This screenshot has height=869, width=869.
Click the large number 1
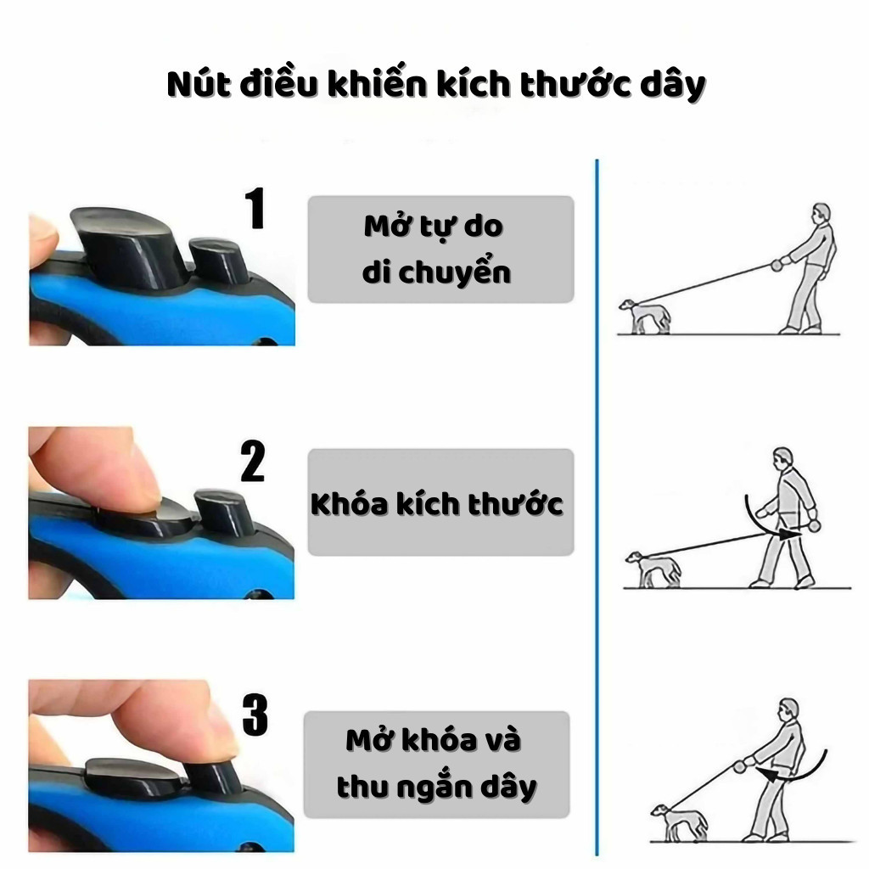[x=255, y=208]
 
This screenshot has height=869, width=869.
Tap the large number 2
[x=253, y=461]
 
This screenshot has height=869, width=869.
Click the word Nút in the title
[x=199, y=84]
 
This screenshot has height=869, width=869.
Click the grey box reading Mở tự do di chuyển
[x=440, y=249]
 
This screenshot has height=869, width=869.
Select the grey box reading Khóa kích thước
[x=440, y=502]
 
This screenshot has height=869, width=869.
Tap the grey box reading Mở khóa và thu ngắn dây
[x=437, y=765]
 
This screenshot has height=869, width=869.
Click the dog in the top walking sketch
[x=645, y=317]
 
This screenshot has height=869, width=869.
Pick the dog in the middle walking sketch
[x=653, y=569]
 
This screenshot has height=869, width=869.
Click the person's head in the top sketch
[x=821, y=214]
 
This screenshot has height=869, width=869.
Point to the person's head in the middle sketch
[x=783, y=458]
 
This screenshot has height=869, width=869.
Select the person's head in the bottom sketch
[x=788, y=710]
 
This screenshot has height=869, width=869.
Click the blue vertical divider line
[x=597, y=507]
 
